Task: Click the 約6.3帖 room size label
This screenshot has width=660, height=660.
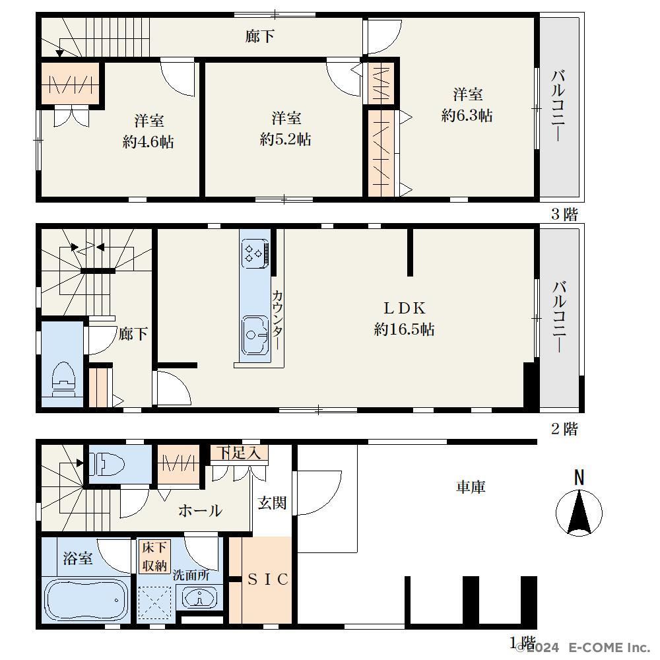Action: coord(467,115)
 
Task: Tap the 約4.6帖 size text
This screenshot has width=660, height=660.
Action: coord(148,142)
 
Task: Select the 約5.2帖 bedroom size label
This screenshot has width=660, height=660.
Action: coord(285,139)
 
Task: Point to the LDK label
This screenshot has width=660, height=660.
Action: coord(405,308)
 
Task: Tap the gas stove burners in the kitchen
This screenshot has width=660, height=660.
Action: coord(255,254)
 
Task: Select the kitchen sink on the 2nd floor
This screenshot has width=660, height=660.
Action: coord(255,335)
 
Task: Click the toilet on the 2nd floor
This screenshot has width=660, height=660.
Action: coord(63,379)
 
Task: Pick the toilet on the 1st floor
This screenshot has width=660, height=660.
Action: coord(108,464)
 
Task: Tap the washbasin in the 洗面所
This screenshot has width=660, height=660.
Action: coord(199,597)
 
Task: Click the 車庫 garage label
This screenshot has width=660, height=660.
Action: coord(471,487)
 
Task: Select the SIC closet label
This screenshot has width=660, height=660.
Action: coord(268,579)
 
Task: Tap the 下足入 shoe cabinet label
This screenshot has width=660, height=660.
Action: coord(239,453)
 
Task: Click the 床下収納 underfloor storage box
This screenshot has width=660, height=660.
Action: coord(154,556)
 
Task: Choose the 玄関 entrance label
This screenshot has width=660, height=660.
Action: coord(272,502)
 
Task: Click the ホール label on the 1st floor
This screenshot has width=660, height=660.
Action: coord(200,511)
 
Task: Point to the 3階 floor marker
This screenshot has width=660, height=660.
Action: coord(565,214)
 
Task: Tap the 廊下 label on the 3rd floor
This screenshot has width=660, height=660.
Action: coord(259,36)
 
